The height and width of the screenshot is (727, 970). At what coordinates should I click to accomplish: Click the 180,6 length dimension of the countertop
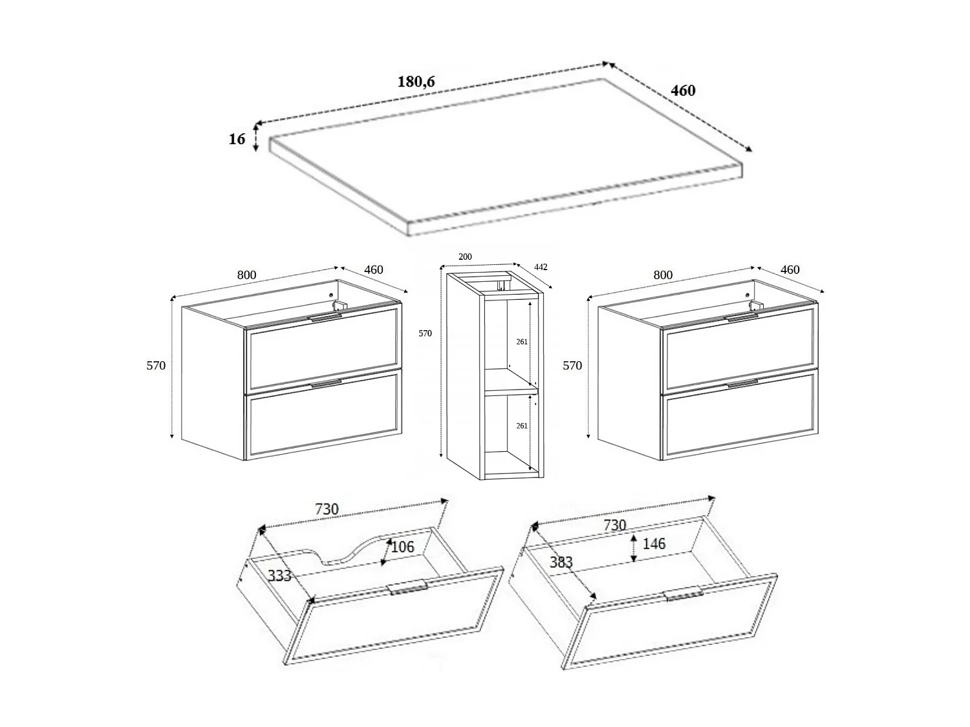tap(416, 82)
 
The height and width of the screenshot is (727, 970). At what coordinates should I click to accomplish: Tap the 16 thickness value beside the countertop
tap(237, 139)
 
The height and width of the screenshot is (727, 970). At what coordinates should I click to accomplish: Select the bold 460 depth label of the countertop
tap(683, 90)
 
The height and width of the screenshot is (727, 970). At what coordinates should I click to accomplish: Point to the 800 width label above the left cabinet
tap(246, 275)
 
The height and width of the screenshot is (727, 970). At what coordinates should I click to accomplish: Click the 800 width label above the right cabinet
tap(663, 275)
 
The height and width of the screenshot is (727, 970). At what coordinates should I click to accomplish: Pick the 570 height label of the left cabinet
tap(156, 365)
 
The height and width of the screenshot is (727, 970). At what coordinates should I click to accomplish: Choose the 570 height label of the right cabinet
tap(572, 365)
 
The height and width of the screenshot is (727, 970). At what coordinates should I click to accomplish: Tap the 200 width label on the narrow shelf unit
tap(465, 257)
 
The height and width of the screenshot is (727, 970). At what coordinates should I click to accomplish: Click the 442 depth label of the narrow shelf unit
tap(541, 267)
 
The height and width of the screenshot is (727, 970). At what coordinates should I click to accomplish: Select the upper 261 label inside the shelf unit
tap(522, 342)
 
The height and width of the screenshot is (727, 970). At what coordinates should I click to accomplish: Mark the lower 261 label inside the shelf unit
tap(522, 426)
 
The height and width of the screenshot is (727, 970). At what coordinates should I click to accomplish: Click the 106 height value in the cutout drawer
tap(402, 547)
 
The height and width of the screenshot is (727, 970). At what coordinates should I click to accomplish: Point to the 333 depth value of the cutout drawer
tap(279, 576)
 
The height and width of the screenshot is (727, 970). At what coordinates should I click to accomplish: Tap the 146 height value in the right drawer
tap(654, 544)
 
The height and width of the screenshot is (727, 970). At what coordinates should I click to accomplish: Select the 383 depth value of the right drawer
tap(561, 562)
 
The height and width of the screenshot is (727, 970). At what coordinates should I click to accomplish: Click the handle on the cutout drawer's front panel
tap(407, 587)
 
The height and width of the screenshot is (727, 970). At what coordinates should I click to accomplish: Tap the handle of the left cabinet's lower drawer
tap(326, 384)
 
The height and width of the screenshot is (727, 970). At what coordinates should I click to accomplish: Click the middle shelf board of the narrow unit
tap(511, 391)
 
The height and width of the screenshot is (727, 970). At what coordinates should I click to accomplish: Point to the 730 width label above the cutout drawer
tap(327, 509)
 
